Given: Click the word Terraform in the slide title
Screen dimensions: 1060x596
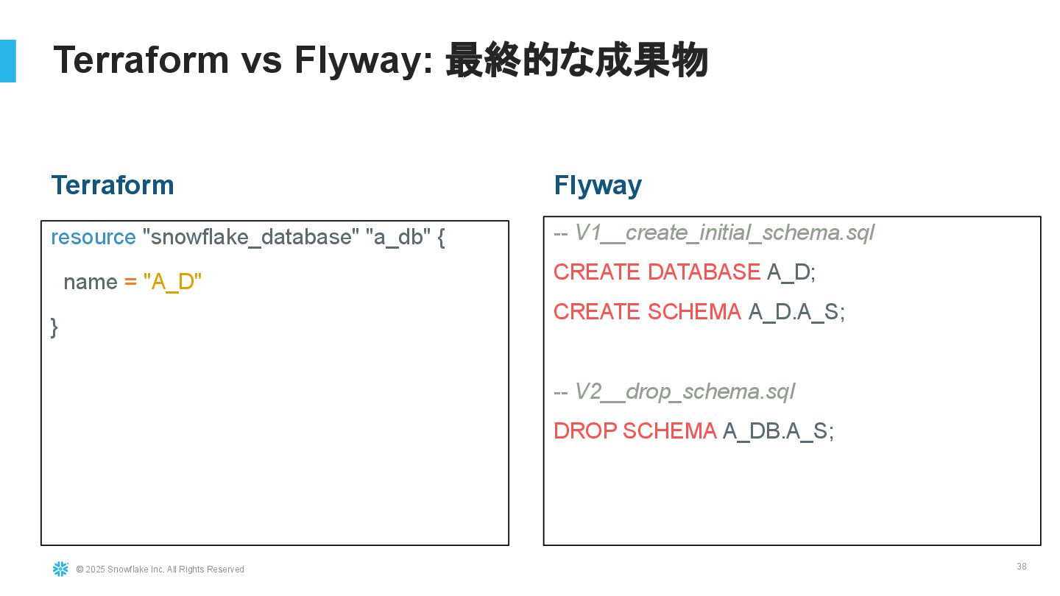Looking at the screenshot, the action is [141, 60].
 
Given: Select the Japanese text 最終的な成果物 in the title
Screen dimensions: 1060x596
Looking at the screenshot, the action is [577, 60].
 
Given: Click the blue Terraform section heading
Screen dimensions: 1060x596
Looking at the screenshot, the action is [113, 185].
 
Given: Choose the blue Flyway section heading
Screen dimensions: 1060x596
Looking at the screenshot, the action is [598, 185].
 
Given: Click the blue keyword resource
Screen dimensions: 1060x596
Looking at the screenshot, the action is [93, 237].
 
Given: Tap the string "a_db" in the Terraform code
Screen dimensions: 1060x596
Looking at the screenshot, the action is [398, 236].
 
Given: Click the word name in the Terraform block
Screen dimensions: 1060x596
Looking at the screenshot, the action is [91, 283].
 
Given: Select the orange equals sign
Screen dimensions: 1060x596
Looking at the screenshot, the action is [130, 282].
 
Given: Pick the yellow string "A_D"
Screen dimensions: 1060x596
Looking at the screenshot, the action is [172, 282].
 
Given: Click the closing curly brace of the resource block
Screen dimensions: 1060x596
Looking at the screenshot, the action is [54, 327].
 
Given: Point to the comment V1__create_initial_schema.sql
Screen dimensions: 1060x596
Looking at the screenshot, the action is [724, 233].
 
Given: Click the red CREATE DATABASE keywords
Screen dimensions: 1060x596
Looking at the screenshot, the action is [657, 272].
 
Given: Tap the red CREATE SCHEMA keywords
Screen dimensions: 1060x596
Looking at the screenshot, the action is [647, 312].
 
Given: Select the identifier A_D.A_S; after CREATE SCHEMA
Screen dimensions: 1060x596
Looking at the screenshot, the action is [796, 312].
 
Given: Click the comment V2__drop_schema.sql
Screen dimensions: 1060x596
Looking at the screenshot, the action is [685, 391].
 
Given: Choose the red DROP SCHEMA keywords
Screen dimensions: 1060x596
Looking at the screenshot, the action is [635, 431].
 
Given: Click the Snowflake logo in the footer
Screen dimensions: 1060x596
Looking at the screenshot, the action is [60, 569].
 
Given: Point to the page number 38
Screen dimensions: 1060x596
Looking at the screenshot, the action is [1022, 567].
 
